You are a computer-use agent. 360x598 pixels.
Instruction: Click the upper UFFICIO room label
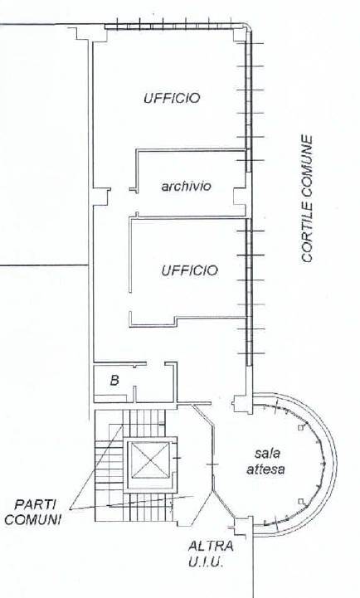(172, 98)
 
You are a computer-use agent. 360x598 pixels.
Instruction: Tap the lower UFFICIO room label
(189, 270)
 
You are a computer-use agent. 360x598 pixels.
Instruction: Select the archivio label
(186, 186)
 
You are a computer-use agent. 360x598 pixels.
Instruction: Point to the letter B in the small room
(114, 380)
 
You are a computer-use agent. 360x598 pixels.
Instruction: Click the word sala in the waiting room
(267, 454)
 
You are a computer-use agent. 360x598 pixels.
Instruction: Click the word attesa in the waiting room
(265, 469)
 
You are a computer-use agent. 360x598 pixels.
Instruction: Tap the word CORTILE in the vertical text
(307, 232)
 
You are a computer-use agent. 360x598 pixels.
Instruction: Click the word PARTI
(35, 504)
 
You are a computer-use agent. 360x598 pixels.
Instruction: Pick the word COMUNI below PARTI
(33, 519)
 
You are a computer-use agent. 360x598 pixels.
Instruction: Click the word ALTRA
(211, 546)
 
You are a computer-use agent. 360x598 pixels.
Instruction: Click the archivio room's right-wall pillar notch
(241, 196)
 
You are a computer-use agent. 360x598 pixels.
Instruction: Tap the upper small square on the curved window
(300, 428)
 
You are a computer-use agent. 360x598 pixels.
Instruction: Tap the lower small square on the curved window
(301, 501)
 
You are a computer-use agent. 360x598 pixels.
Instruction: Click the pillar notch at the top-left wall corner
(90, 34)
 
